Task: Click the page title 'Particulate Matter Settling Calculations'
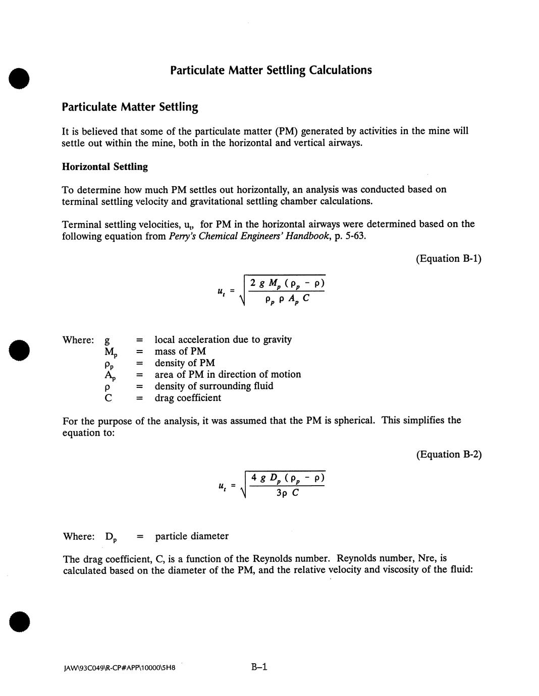pyautogui.click(x=271, y=70)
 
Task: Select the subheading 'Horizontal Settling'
pyautogui.click(x=105, y=167)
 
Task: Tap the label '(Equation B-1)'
pyautogui.click(x=448, y=259)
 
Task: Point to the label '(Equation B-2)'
pyautogui.click(x=449, y=454)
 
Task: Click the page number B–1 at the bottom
pyautogui.click(x=259, y=667)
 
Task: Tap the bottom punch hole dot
pyautogui.click(x=19, y=621)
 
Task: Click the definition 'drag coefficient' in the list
pyautogui.click(x=188, y=398)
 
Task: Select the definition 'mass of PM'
pyautogui.click(x=180, y=352)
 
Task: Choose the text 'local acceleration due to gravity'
pyautogui.click(x=223, y=340)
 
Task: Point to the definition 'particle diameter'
pyautogui.click(x=192, y=536)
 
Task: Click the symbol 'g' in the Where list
pyautogui.click(x=107, y=341)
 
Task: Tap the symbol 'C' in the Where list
pyautogui.click(x=108, y=398)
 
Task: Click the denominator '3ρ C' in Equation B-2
pyautogui.click(x=287, y=493)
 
